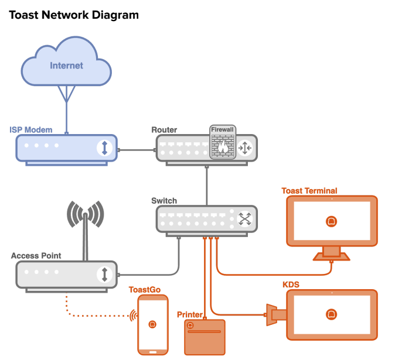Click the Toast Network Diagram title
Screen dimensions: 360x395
(74, 15)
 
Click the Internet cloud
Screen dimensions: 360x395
(66, 65)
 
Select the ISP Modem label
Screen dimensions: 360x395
(31, 129)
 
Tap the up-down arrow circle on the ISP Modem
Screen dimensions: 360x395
(104, 148)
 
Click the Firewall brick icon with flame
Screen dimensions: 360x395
(223, 144)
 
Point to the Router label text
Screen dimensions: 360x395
(164, 129)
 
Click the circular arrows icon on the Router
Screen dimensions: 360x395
(244, 148)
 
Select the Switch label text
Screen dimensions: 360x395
(164, 201)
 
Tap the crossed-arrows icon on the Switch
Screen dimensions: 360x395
(244, 220)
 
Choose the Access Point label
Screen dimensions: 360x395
(36, 256)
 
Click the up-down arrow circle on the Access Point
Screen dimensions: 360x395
(104, 274)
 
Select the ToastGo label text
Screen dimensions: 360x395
(144, 289)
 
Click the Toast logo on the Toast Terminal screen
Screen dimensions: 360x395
(331, 221)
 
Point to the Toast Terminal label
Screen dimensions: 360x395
(309, 190)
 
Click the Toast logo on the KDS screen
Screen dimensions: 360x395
(331, 314)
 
